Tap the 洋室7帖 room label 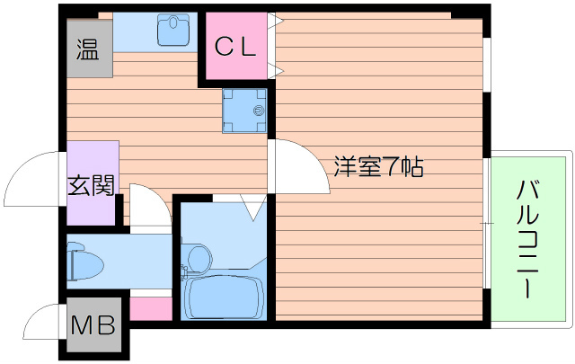(x=378, y=167)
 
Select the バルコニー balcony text (x=529, y=238)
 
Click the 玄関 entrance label (x=91, y=186)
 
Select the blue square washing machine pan (x=244, y=110)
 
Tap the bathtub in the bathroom (x=222, y=296)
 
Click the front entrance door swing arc (x=31, y=180)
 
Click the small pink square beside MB (x=150, y=308)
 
